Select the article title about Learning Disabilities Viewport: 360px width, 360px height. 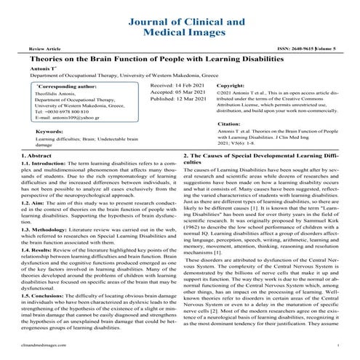[180, 57]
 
